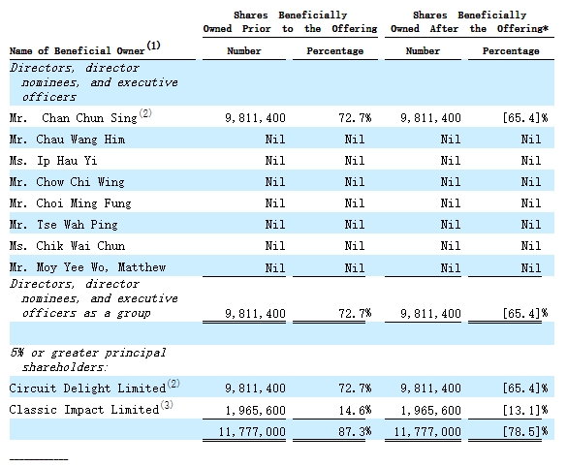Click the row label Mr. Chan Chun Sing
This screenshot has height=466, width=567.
(74, 118)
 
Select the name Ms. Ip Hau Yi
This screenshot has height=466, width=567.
(53, 161)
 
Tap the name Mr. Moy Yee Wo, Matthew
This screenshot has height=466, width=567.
(87, 267)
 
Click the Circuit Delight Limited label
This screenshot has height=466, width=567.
(87, 388)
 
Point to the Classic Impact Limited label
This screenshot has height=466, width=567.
(84, 410)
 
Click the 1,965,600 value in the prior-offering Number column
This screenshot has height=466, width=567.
(255, 411)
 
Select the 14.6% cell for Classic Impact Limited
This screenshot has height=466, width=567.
(355, 411)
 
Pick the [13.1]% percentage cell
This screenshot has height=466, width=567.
(525, 411)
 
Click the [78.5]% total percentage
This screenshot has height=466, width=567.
(525, 431)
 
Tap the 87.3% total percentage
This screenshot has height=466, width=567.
(355, 431)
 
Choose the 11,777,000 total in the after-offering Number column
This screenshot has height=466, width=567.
(427, 432)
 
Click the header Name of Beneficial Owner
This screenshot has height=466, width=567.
(78, 50)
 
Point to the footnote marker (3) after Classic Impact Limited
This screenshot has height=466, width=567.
(167, 405)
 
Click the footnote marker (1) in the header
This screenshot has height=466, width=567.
(153, 46)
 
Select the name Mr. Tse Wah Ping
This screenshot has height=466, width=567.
(64, 225)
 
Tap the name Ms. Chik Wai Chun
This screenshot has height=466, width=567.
(67, 246)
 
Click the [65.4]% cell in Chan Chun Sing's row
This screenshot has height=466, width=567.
(525, 118)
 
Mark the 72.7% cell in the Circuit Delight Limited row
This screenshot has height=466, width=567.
(355, 388)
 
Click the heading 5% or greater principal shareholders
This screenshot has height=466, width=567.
(88, 360)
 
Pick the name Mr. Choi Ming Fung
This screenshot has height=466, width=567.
(70, 203)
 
